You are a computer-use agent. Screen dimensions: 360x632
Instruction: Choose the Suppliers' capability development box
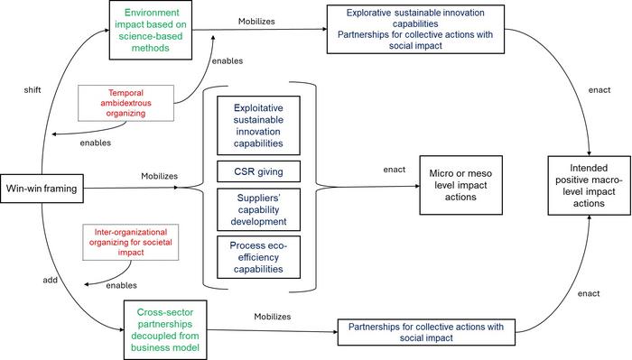click(x=259, y=210)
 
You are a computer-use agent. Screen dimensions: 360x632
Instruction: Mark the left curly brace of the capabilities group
click(x=207, y=188)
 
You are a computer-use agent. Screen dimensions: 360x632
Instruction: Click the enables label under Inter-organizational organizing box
click(x=122, y=285)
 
